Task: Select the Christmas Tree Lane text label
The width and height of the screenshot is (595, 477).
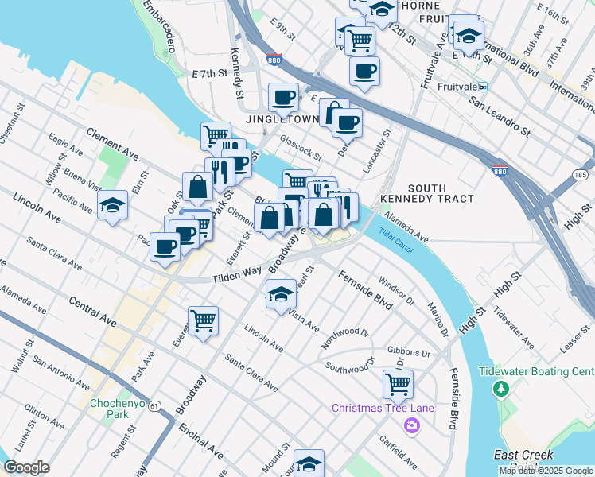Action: coord(383,409)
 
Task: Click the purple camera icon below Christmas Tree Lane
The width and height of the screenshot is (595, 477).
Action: coord(411,425)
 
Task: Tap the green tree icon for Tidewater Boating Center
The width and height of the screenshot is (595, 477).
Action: coord(501,388)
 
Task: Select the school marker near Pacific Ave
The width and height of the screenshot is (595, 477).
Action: coord(113,205)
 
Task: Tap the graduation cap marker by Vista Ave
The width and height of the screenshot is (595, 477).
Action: coord(280,296)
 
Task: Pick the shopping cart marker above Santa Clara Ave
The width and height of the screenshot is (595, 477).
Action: coord(204,321)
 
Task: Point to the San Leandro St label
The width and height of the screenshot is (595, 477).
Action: coord(499,115)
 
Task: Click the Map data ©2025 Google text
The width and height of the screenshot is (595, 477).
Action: coord(546,471)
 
